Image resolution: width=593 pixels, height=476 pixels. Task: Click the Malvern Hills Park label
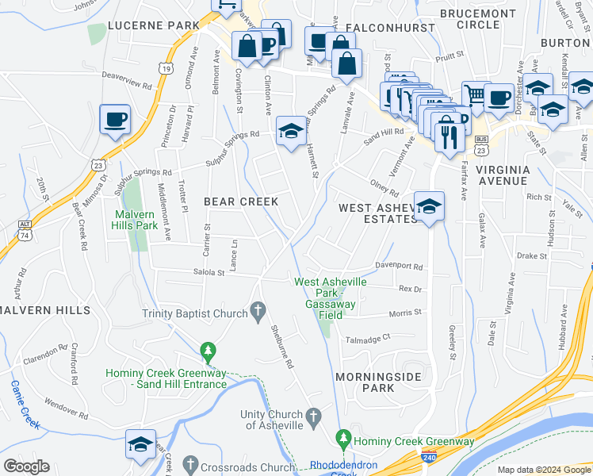click(136, 220)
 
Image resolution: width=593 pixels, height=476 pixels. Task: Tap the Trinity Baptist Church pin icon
click(258, 313)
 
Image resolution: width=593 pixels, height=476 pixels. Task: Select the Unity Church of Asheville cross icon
click(313, 415)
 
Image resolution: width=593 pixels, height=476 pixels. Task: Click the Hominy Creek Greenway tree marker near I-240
click(343, 437)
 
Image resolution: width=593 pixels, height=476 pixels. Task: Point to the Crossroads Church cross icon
click(189, 463)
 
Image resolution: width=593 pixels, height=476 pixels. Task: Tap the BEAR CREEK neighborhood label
click(241, 202)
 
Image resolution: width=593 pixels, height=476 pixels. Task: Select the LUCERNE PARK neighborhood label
click(153, 25)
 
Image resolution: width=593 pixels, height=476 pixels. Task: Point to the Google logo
click(27, 466)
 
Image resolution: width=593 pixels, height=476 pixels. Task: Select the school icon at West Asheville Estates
click(429, 206)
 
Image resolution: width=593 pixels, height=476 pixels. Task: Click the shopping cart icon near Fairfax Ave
click(474, 94)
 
